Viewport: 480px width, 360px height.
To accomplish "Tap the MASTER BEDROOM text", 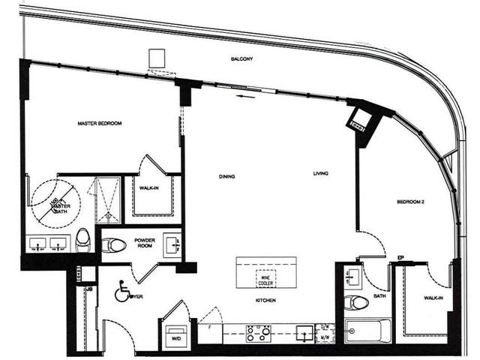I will point(100,123).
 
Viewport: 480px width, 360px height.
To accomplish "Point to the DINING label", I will point(228,177).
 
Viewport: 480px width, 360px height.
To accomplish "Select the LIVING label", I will point(322,175).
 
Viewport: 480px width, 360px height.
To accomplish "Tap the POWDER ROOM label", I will point(145,243).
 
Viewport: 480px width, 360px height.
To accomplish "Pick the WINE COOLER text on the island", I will point(265,277).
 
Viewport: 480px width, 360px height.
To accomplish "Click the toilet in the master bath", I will point(82,239).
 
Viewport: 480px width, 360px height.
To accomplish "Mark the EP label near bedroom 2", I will point(401,259).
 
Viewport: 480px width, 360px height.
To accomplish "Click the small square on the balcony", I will point(157,58).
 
